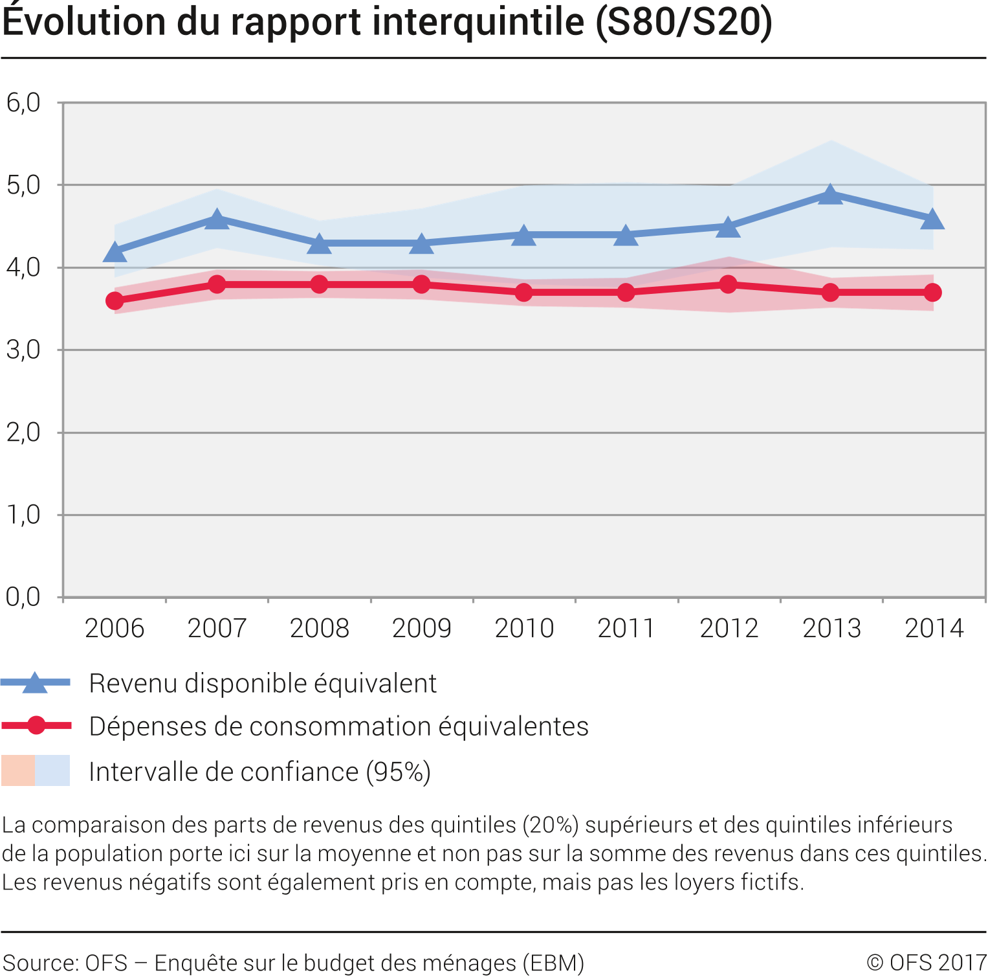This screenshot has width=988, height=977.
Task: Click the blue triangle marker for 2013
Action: [831, 194]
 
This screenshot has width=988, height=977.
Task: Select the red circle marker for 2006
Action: [115, 301]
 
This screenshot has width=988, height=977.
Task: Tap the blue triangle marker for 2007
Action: [217, 220]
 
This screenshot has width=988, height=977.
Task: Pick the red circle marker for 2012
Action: [729, 284]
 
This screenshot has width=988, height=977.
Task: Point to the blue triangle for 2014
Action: [932, 220]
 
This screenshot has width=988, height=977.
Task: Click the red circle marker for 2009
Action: [422, 284]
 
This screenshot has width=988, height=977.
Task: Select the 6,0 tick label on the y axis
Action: [23, 102]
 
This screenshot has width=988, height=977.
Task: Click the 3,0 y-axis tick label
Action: [23, 350]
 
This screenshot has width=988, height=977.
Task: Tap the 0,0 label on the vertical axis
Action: [23, 597]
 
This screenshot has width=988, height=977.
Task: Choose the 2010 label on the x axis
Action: [524, 629]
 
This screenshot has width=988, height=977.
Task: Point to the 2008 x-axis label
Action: [320, 629]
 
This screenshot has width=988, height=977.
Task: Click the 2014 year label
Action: [934, 629]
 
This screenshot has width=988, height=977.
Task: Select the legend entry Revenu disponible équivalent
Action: [263, 684]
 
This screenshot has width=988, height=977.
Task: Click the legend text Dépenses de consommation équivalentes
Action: [338, 726]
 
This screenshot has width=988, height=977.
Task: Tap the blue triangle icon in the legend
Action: [35, 683]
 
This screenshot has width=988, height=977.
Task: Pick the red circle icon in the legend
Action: [36, 726]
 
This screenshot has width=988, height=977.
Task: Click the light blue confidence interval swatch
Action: [52, 770]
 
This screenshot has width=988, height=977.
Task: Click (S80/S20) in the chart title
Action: [684, 22]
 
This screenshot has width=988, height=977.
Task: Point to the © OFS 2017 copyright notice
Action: [926, 963]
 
